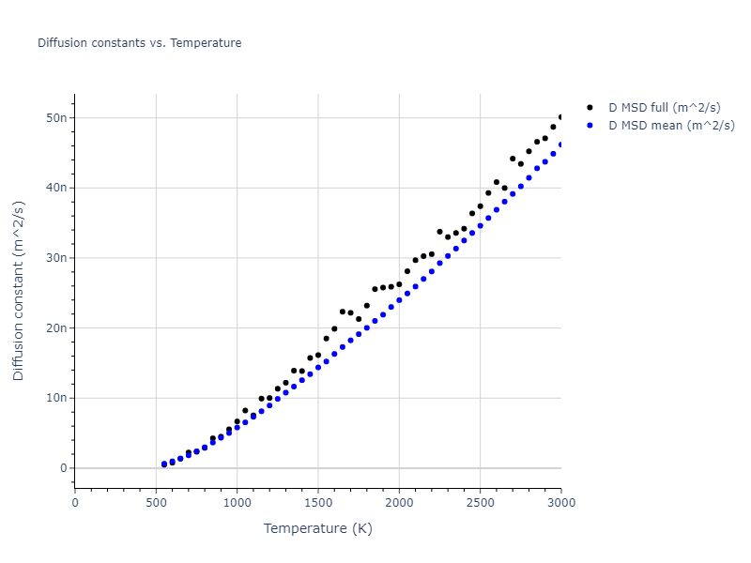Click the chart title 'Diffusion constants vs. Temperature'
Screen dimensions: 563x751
pos(139,43)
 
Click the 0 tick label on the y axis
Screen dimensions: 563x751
pos(62,468)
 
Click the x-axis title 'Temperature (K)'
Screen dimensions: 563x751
pos(317,528)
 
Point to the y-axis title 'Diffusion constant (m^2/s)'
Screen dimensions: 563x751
pos(19,291)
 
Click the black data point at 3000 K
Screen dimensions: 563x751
pos(561,117)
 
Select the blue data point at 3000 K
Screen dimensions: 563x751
pos(561,145)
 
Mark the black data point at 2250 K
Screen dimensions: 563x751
pos(439,232)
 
